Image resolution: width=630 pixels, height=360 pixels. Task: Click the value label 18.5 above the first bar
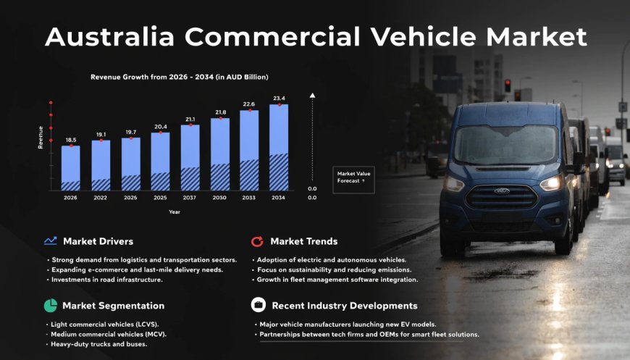coord(70,140)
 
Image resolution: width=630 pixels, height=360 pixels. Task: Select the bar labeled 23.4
coord(279,148)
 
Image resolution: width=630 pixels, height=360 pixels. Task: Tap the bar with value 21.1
coord(190,158)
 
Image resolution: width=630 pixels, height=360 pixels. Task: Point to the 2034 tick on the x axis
coord(279,197)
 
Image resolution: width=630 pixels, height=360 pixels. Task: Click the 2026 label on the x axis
coord(70,197)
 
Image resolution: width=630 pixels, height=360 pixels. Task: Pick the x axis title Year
coord(175,212)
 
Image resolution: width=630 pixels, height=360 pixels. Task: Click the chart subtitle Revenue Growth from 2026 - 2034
coord(180,76)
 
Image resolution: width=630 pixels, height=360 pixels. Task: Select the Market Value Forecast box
coord(352,177)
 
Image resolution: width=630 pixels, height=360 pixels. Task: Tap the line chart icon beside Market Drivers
coord(50,241)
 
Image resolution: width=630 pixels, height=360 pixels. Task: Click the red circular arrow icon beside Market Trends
coord(257,241)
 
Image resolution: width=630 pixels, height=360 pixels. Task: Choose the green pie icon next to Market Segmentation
coord(50,306)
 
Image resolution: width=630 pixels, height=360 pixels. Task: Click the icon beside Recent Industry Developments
coord(258,306)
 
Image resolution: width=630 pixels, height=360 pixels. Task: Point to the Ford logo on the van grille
coord(501,191)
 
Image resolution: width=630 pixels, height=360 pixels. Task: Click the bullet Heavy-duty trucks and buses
coord(98,344)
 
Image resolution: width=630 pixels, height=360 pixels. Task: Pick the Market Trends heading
coord(303,241)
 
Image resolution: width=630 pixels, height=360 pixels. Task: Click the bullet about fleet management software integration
coord(337,280)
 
